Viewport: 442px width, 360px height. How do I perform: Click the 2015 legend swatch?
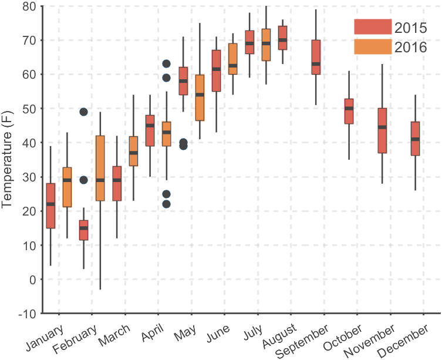point(372,27)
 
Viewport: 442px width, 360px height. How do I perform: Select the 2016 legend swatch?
point(372,46)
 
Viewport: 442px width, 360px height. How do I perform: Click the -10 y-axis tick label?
point(26,314)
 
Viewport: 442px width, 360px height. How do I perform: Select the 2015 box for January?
point(50,206)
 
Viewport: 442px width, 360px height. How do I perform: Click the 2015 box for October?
point(349,111)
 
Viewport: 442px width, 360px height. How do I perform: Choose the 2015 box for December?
point(416,139)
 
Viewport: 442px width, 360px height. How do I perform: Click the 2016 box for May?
point(200,97)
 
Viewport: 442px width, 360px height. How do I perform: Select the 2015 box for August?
point(282,38)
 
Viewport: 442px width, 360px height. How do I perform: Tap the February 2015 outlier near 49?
point(83,112)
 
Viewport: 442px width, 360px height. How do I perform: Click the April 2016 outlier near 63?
point(167,64)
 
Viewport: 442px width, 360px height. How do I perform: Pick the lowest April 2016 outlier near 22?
point(167,204)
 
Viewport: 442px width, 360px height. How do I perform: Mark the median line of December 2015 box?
point(416,139)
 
